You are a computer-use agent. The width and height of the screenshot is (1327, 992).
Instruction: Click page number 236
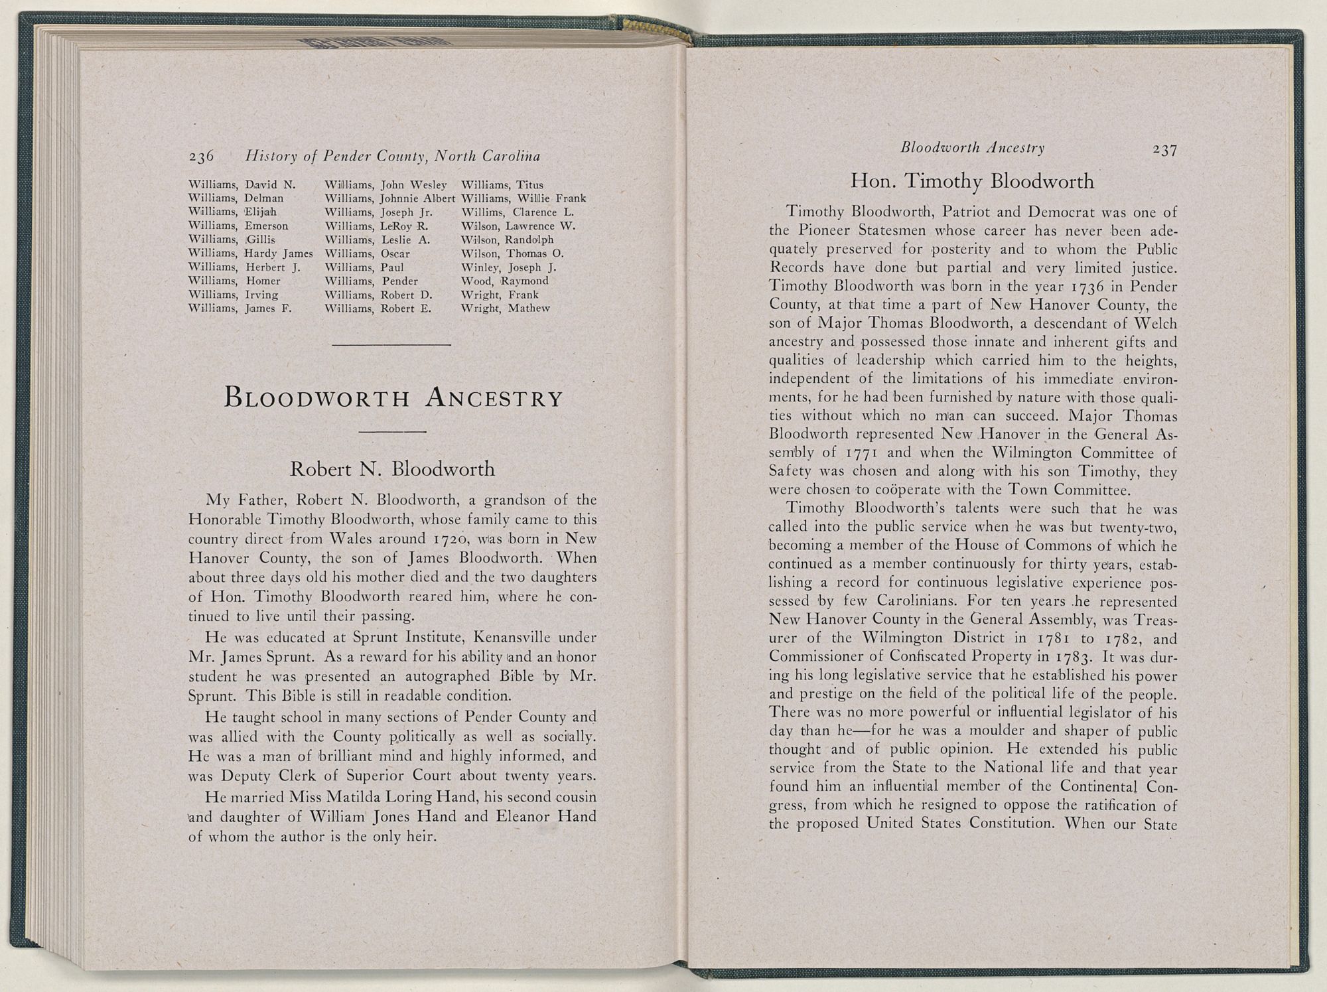201,157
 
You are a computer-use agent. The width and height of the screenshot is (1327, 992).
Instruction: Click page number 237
1164,150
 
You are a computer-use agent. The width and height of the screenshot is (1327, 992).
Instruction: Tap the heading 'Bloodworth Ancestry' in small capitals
393,398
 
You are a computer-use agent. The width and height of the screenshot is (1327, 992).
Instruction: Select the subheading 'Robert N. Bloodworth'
393,469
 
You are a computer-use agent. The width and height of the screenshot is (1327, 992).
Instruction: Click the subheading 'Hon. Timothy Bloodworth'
972,181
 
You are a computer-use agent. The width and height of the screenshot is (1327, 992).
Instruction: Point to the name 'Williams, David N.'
242,184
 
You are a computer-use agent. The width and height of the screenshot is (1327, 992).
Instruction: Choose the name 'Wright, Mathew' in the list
505,309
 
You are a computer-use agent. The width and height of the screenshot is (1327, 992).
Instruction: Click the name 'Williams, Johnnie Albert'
389,198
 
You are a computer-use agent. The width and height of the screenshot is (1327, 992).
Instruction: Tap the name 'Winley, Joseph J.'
508,267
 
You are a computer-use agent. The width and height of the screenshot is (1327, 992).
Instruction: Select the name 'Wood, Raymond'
504,281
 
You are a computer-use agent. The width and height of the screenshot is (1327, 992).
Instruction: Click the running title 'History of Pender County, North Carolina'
392,157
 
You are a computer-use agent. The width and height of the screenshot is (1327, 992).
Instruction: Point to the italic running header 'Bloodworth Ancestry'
972,148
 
